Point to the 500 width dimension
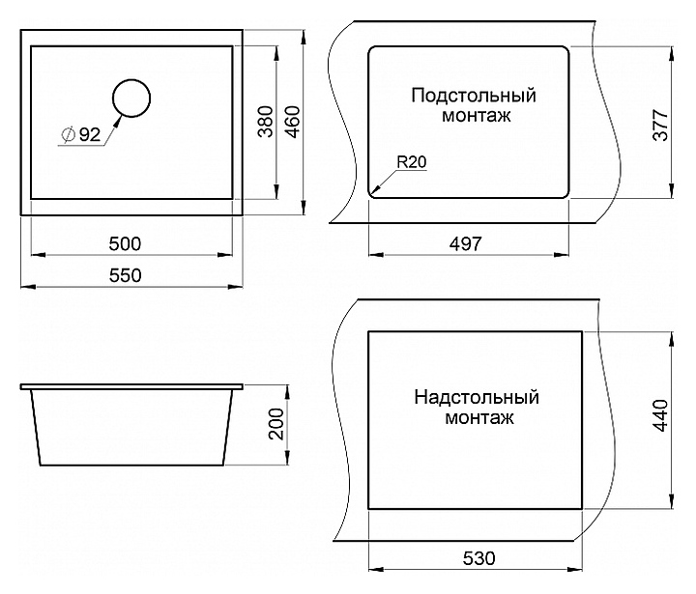tap(126, 242)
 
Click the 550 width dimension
tap(126, 275)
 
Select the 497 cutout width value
tap(465, 243)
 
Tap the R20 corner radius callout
tap(411, 162)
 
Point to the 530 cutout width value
tap(478, 558)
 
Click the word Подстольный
tap(474, 96)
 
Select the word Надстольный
tap(476, 398)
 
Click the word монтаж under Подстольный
tap(474, 115)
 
